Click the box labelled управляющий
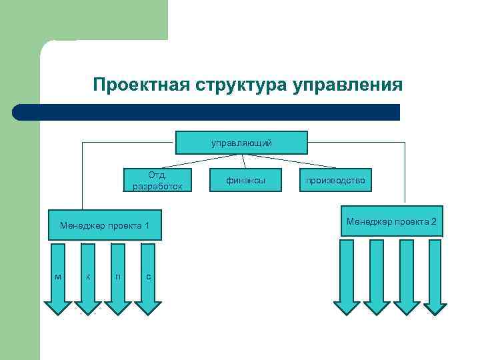point(241,143)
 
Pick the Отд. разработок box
point(157,180)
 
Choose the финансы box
point(245,180)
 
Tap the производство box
point(335,180)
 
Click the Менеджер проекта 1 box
point(105,227)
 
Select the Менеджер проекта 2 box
point(391,221)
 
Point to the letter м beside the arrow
point(58,276)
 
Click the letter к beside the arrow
point(87,276)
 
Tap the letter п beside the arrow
point(117,276)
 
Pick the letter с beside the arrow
point(148,276)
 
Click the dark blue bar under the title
point(207,112)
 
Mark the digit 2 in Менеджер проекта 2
point(433,221)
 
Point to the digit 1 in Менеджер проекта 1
point(147,227)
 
